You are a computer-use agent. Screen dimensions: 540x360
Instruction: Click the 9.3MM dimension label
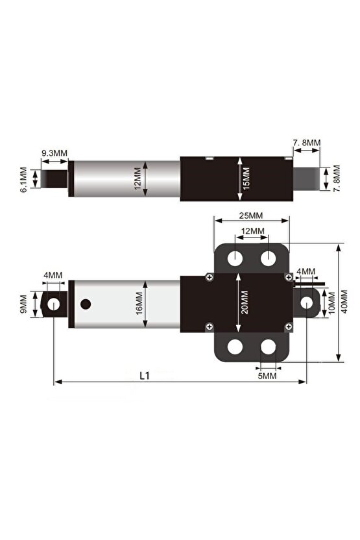pyautogui.click(x=54, y=153)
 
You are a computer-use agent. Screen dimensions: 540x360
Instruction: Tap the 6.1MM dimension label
pyautogui.click(x=24, y=179)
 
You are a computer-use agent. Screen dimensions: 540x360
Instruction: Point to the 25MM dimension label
pyautogui.click(x=250, y=215)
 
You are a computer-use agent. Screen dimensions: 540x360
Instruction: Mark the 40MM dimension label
pyautogui.click(x=344, y=303)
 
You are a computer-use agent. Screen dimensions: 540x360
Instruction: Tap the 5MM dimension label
pyautogui.click(x=267, y=375)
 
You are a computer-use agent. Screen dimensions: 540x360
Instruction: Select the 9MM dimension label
pyautogui.click(x=24, y=303)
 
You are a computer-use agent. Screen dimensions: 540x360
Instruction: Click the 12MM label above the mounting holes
pyautogui.click(x=252, y=231)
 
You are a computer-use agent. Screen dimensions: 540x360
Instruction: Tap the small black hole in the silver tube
pyautogui.click(x=86, y=303)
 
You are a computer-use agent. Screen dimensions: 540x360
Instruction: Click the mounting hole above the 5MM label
pyautogui.click(x=269, y=348)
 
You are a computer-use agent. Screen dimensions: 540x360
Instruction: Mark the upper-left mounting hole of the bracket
pyautogui.click(x=234, y=258)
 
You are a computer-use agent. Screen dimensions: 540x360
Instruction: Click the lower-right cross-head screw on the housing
pyautogui.click(x=288, y=326)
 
